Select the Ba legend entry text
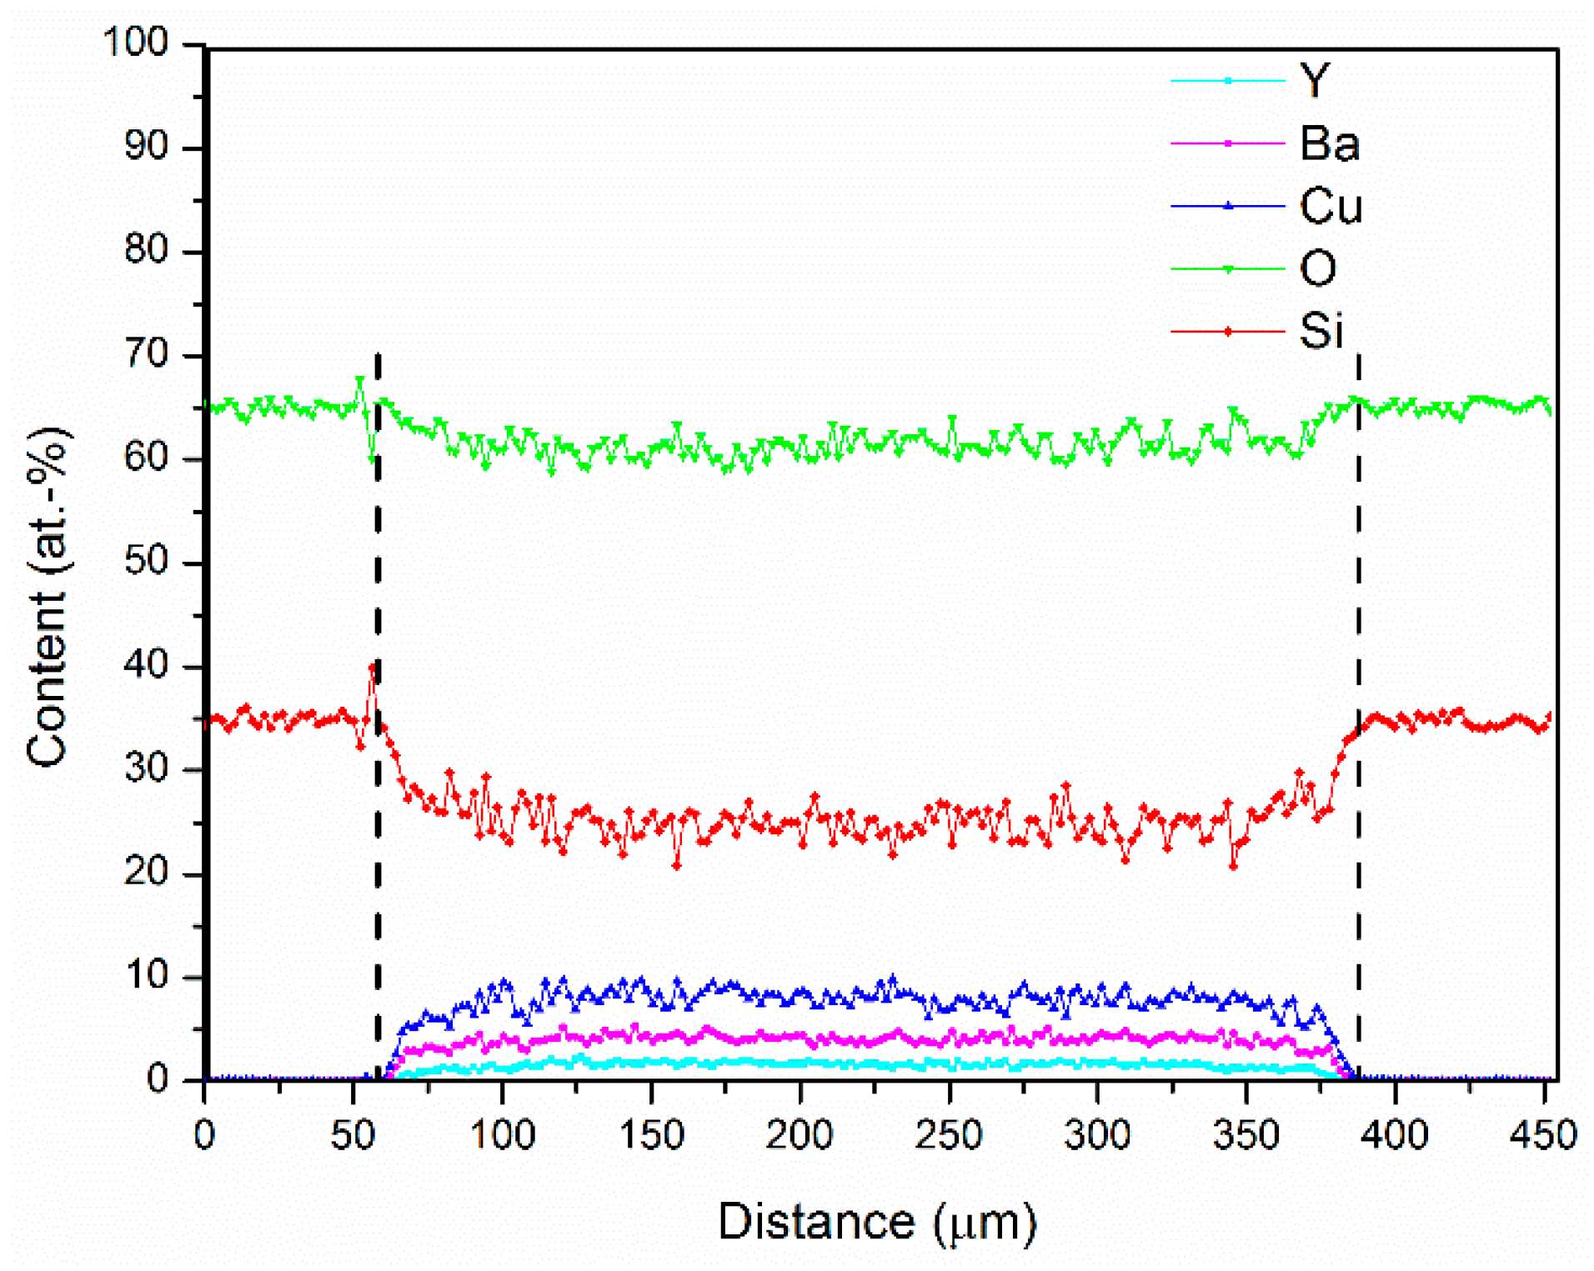tap(1329, 143)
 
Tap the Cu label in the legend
tap(1331, 206)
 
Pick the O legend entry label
tap(1317, 268)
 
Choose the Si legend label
tap(1321, 331)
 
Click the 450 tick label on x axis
tap(1543, 1135)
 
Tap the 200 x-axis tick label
tap(800, 1135)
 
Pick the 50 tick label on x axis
tap(353, 1135)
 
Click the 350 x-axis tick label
tap(1246, 1135)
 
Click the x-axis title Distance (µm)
tap(877, 1223)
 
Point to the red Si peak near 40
tap(373, 668)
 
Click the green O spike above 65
tap(360, 380)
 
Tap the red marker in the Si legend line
tap(1228, 332)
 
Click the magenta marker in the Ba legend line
tap(1228, 143)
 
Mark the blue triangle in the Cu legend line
tap(1228, 206)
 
